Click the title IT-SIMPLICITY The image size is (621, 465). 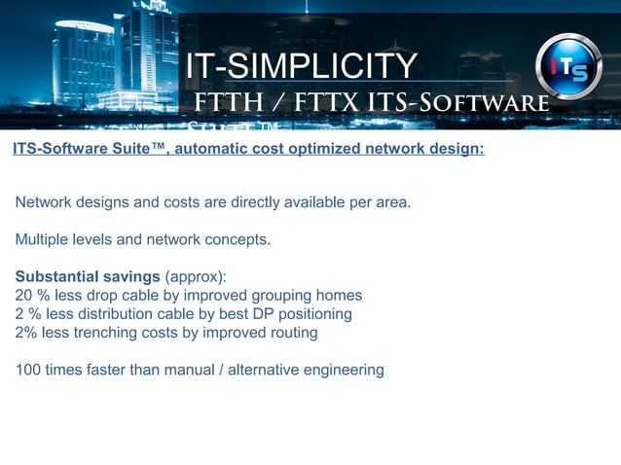301,66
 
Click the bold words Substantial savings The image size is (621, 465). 88,276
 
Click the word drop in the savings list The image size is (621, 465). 99,295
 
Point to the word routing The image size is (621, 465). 291,332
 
